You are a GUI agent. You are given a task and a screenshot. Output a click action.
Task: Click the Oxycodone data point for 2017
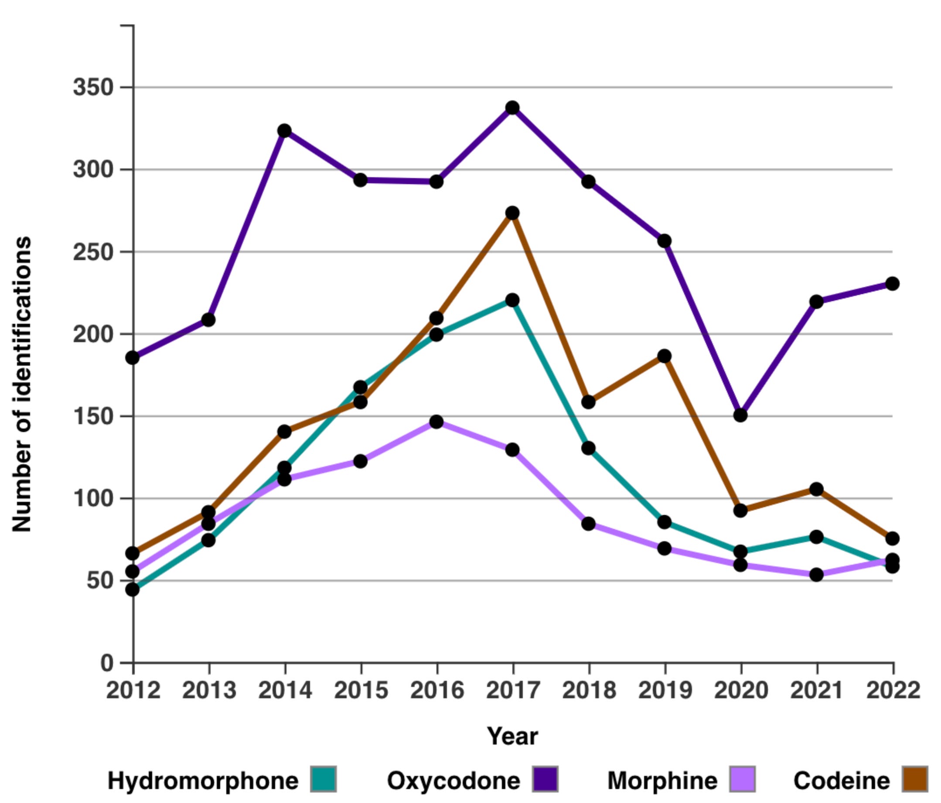point(512,108)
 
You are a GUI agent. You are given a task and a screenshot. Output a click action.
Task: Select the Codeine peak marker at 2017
point(512,213)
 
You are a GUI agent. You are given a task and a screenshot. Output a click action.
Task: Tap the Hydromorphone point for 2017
point(512,300)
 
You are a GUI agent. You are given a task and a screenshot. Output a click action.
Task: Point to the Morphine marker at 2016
point(436,422)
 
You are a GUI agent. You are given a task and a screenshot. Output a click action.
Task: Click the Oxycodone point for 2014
point(284,131)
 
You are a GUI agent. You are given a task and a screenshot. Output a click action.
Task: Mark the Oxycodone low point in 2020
point(740,415)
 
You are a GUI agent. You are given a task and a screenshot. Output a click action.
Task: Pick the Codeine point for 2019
point(665,356)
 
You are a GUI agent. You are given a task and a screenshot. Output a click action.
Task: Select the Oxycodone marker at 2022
point(893,284)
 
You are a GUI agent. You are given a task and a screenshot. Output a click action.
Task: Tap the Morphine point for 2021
point(817,574)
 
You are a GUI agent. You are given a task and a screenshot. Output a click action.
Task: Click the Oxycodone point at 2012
point(133,358)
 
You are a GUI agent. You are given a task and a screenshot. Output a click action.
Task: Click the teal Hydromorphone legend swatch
point(324,779)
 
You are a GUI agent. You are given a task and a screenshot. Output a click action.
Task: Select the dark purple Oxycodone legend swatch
point(545,779)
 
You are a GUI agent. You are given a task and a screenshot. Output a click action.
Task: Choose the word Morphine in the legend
point(662,781)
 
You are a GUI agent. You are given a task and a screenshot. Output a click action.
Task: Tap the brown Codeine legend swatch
point(914,779)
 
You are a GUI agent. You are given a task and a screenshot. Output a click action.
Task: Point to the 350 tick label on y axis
point(93,87)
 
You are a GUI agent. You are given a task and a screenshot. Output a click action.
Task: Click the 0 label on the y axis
point(107,663)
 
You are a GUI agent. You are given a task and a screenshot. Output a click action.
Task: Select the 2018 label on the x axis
point(589,691)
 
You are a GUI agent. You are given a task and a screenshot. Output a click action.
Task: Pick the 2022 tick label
point(893,691)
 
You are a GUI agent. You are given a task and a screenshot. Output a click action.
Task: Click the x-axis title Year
point(512,736)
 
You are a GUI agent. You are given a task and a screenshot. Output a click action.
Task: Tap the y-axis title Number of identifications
point(22,384)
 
